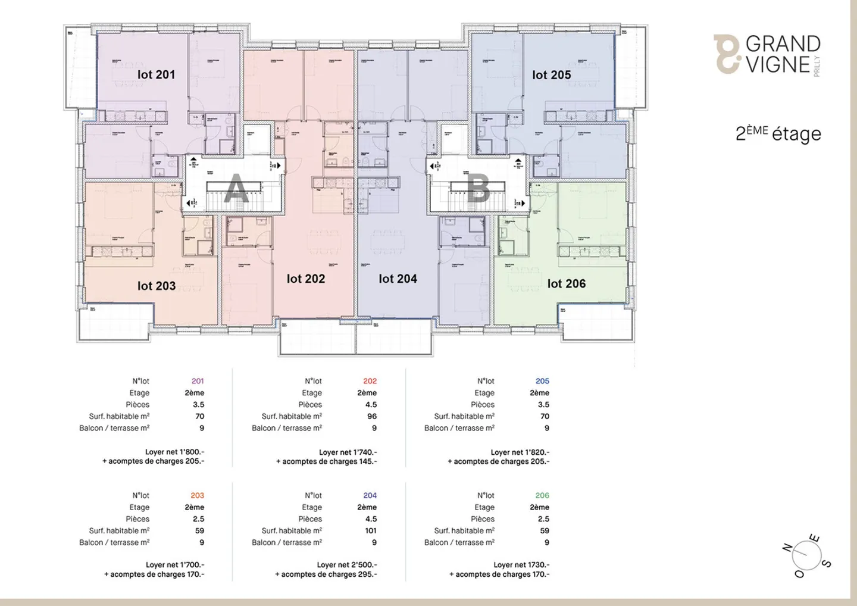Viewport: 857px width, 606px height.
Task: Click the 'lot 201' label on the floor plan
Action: click(156, 74)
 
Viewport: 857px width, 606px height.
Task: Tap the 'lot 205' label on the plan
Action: click(551, 75)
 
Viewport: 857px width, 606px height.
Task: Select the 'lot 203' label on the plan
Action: click(157, 286)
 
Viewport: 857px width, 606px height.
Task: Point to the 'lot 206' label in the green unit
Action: click(566, 284)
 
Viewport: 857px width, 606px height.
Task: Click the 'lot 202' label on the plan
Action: click(306, 279)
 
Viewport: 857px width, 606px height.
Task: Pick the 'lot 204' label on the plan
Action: click(398, 279)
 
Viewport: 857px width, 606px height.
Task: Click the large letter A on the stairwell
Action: click(236, 189)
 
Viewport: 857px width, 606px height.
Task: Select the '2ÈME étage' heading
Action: click(778, 133)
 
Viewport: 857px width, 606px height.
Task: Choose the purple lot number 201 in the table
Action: click(198, 381)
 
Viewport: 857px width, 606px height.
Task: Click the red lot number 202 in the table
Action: click(370, 381)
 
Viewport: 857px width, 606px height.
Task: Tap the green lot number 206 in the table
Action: click(542, 495)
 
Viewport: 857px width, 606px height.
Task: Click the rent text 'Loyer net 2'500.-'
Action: click(346, 564)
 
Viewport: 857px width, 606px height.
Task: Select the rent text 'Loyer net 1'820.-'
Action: click(520, 452)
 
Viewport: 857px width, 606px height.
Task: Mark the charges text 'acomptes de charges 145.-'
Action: click(326, 461)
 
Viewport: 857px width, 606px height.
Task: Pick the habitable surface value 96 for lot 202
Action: click(371, 416)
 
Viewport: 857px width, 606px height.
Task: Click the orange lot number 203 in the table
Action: click(197, 495)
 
